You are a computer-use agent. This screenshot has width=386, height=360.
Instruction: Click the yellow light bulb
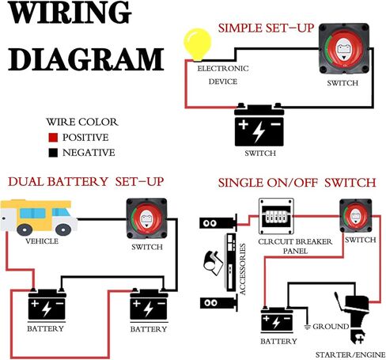(198, 44)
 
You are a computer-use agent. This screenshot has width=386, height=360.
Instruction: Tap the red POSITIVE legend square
(53, 138)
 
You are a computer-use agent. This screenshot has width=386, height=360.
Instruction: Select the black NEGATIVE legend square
(53, 153)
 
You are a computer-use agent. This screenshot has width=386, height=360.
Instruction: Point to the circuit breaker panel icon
(276, 216)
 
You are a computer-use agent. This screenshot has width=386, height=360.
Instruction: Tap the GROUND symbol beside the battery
(307, 327)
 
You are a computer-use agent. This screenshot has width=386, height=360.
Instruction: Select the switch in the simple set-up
(343, 48)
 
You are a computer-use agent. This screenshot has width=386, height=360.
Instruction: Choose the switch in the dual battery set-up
(146, 218)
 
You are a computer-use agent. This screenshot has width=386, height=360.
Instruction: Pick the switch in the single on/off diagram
(356, 216)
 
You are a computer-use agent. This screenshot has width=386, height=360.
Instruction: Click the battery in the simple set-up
(259, 124)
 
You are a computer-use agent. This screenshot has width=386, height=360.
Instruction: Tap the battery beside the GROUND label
(277, 320)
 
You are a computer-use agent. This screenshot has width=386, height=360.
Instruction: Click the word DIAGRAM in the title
(86, 59)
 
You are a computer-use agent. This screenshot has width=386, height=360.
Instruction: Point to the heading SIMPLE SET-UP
(266, 28)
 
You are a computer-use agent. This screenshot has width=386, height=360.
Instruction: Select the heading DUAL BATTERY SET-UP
(86, 182)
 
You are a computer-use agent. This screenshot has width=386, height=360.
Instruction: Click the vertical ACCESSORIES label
(243, 269)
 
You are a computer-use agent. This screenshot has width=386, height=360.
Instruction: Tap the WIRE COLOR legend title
(82, 122)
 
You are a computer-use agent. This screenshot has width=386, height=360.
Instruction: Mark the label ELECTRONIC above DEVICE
(223, 69)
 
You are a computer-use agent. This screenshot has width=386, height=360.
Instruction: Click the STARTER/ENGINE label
(350, 354)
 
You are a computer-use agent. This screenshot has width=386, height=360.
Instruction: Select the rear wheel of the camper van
(25, 229)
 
